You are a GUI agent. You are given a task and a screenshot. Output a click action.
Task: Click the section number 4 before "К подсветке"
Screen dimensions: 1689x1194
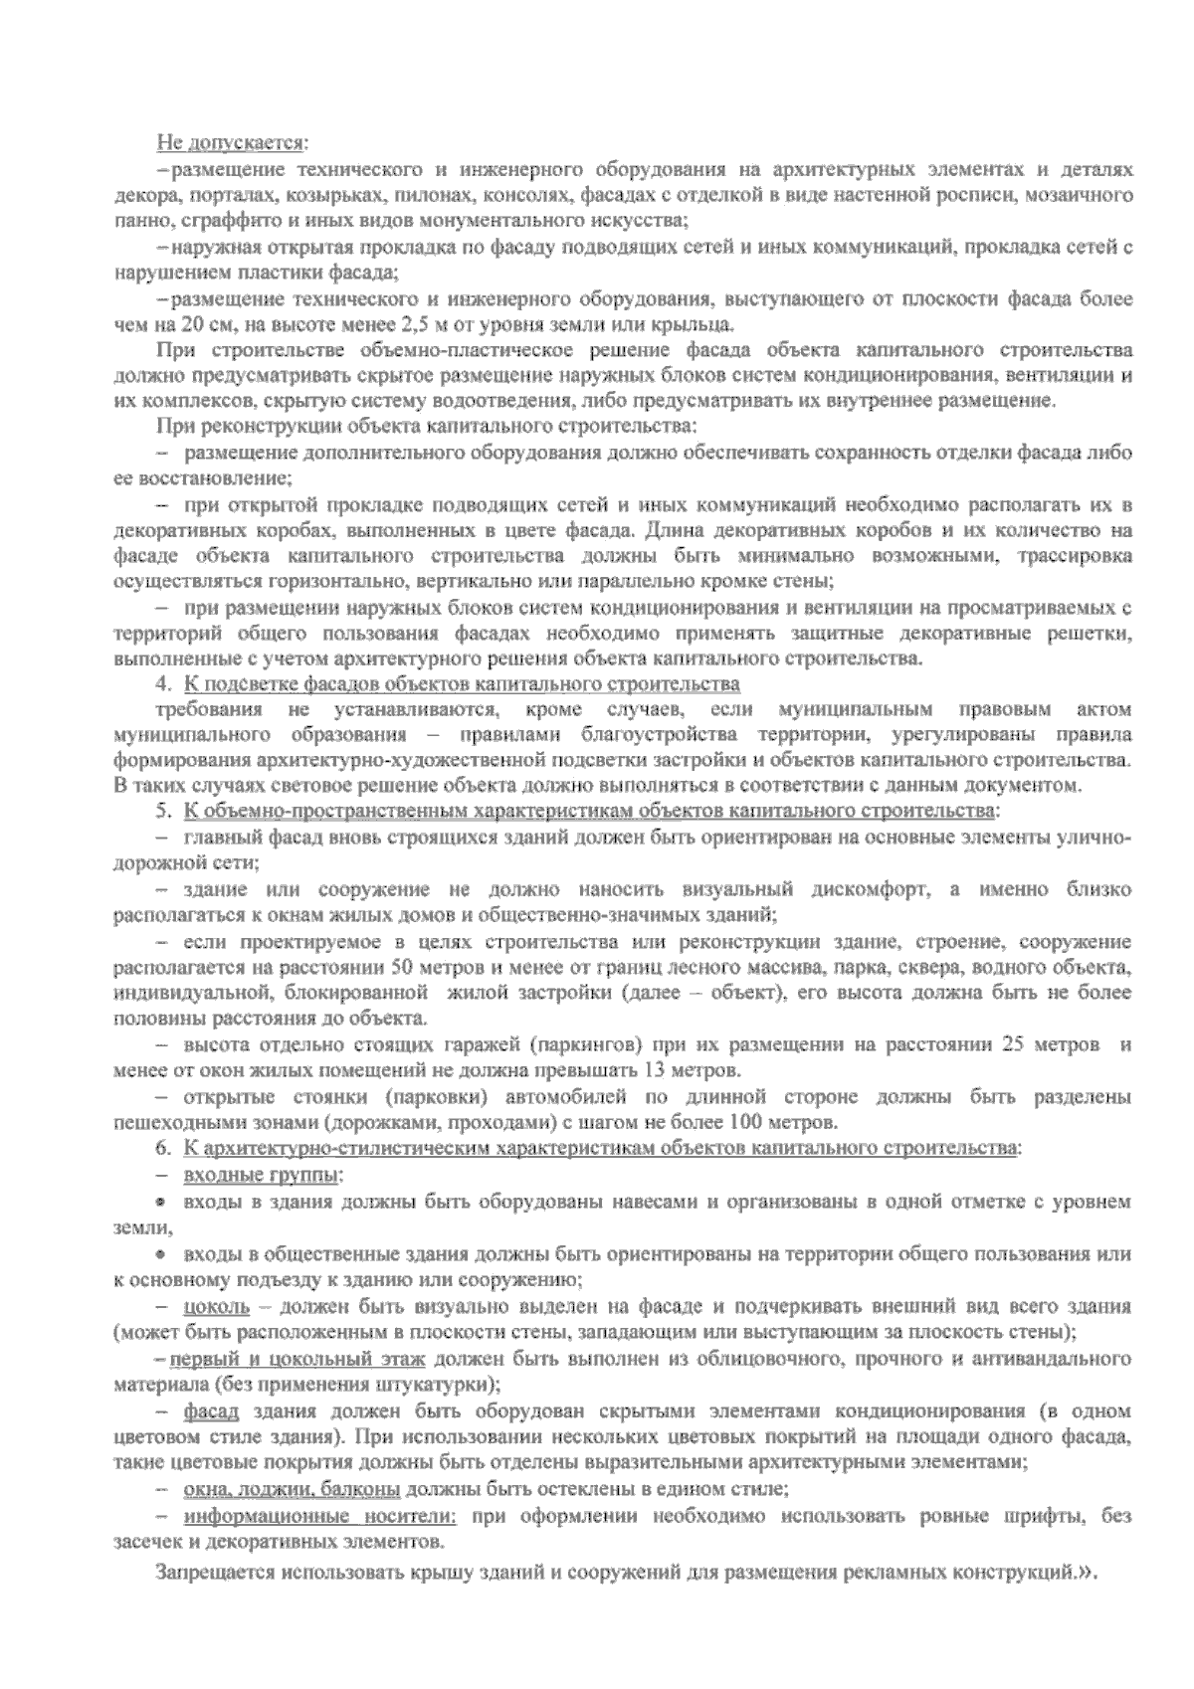pyautogui.click(x=161, y=684)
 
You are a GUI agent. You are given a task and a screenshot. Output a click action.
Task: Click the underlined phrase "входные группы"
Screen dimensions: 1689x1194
pyautogui.click(x=262, y=1175)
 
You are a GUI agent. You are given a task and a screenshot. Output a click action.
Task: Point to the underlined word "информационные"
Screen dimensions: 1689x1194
pyautogui.click(x=265, y=1516)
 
